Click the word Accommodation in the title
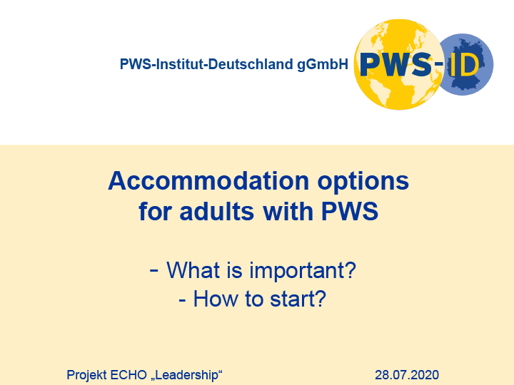click(208, 181)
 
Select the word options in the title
click(363, 183)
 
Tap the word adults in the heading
click(217, 211)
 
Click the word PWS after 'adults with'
click(350, 211)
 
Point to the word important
click(303, 272)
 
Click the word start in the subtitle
click(297, 299)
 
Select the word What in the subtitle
click(193, 270)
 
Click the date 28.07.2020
click(407, 375)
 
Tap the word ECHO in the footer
click(128, 375)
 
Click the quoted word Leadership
click(186, 375)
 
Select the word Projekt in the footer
click(86, 375)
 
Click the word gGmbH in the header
click(323, 64)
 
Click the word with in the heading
click(288, 211)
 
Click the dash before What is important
click(153, 271)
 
